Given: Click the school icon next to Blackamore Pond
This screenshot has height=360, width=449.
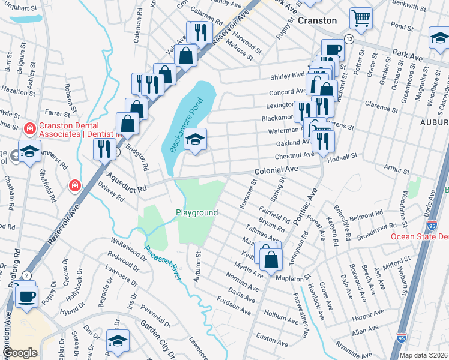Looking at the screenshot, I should (x=195, y=139).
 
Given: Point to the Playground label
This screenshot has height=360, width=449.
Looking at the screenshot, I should (x=196, y=213).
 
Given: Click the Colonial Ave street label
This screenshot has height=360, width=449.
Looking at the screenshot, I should (x=276, y=170).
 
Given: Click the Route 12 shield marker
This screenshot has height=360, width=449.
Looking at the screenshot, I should (x=349, y=38).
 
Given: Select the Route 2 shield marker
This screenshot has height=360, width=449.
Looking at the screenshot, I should (x=26, y=275).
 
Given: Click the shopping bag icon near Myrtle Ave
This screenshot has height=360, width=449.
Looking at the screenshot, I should (x=271, y=259).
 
